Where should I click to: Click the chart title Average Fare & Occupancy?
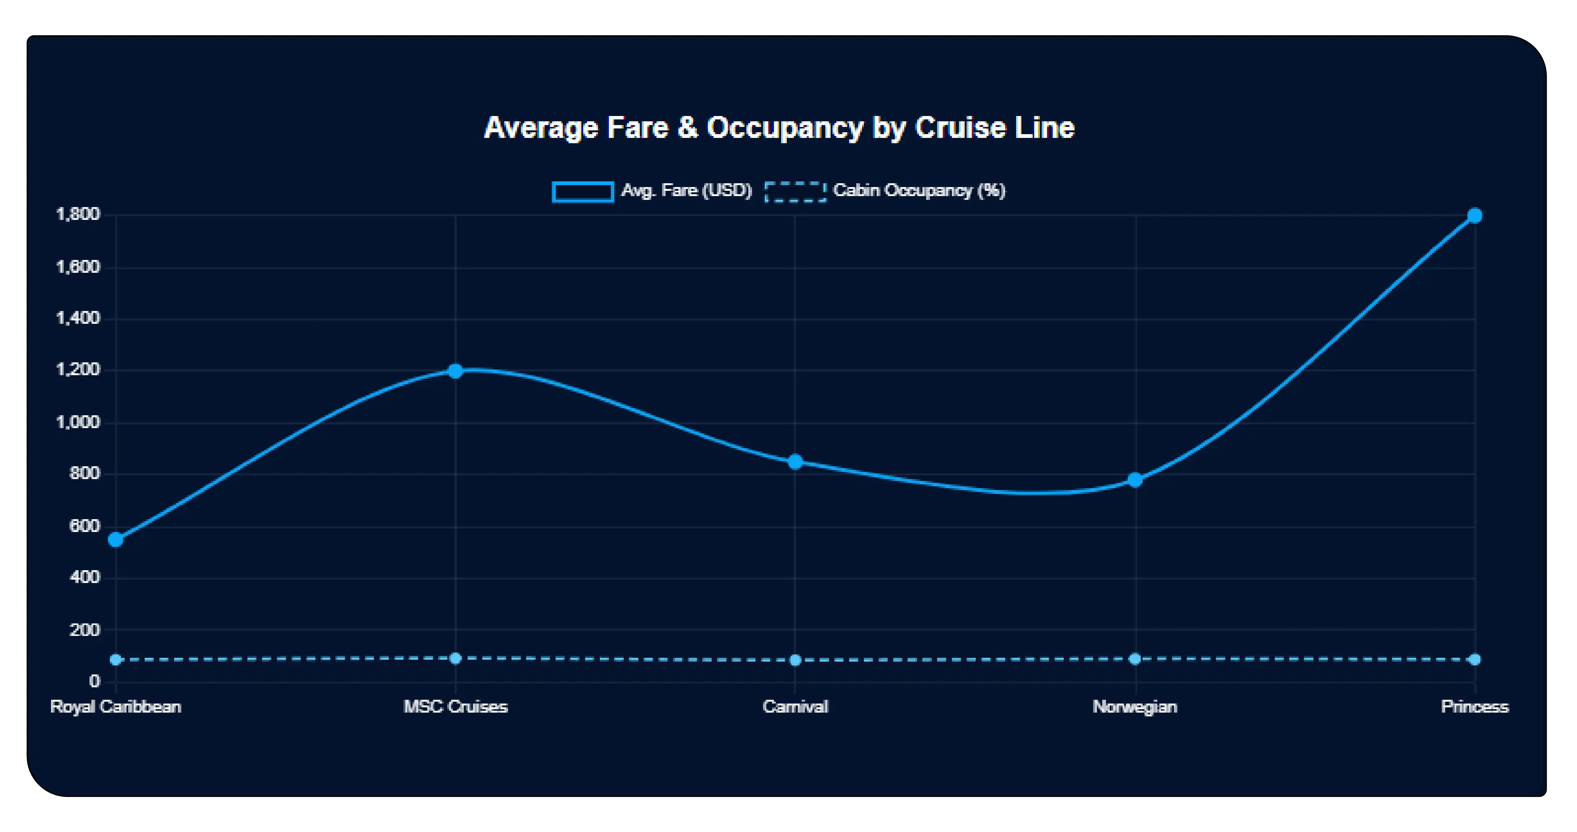coord(779,128)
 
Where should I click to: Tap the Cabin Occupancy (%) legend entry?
coord(885,191)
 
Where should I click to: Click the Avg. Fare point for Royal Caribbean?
coord(116,539)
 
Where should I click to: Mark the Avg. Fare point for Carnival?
coord(795,462)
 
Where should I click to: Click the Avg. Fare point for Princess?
coord(1475,215)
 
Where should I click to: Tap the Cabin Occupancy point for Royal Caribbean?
coord(116,659)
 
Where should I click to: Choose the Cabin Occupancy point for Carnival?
coord(795,660)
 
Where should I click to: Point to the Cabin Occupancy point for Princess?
coord(1475,659)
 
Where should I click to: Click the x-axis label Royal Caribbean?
coord(116,707)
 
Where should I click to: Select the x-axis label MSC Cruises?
coord(456,707)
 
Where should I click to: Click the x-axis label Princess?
coord(1475,707)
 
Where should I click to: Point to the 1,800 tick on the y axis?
coord(78,214)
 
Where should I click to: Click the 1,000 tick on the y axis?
coord(78,422)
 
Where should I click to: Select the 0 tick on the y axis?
coord(94,681)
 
